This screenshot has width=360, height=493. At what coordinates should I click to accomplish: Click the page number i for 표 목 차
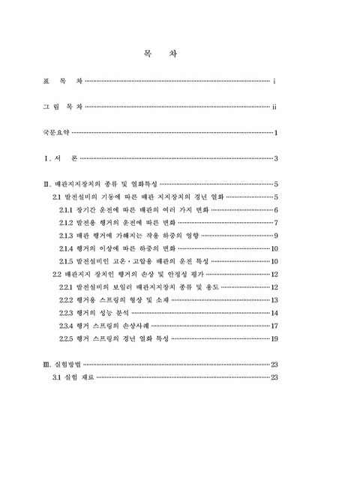tap(277, 80)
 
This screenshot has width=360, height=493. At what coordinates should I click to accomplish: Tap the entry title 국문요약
tap(56, 134)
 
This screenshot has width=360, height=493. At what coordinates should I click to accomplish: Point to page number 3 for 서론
tap(277, 159)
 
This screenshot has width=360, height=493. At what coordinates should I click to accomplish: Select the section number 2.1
tap(56, 196)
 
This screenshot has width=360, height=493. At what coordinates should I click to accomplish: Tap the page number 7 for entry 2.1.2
tap(277, 222)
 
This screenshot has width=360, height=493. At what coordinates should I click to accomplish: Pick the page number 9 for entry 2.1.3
tap(277, 236)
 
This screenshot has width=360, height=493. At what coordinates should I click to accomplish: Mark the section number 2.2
tap(56, 275)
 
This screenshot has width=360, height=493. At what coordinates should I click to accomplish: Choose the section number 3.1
tap(56, 377)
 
